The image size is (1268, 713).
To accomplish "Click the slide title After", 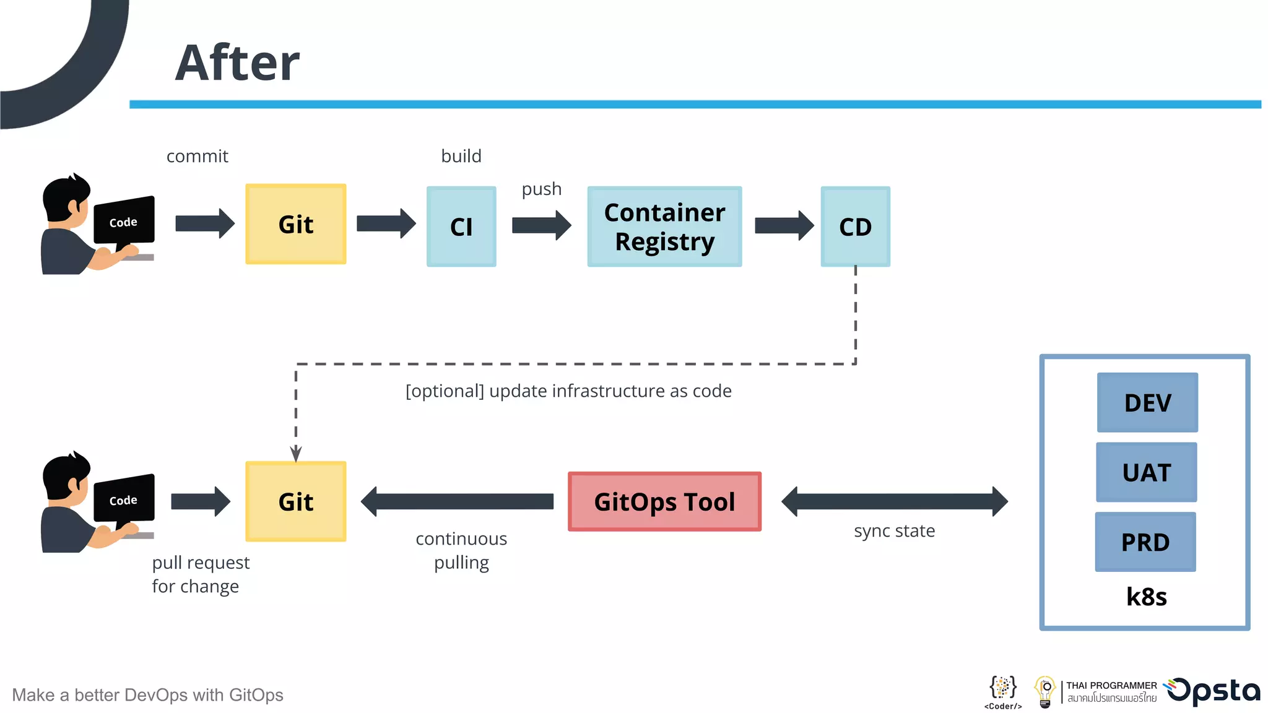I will point(237,63).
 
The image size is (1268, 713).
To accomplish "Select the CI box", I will point(461,227).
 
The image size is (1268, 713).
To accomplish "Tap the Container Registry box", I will point(664,227).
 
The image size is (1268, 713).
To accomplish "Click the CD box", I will point(855,227).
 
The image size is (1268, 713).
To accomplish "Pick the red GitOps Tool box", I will point(664,501).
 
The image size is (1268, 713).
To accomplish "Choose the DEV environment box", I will point(1147,402).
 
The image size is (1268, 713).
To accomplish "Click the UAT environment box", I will point(1146,472).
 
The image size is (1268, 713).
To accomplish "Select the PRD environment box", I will point(1145,542).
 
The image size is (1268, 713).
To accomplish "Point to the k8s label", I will point(1146,597).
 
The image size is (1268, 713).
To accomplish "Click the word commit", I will point(198,156).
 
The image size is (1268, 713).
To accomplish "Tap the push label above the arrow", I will point(542,189).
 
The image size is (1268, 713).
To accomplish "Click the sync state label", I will point(894,531).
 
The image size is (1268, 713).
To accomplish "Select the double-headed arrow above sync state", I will point(894,501).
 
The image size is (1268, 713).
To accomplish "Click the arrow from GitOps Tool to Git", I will point(457,501).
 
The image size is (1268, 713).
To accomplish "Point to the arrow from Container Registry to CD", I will point(784,225).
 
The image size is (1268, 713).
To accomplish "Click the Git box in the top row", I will point(296,224).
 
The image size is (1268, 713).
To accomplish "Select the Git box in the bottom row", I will point(296,501).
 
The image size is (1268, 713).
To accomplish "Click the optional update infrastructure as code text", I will point(568,391).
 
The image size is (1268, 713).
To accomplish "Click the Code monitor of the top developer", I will point(124,221).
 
